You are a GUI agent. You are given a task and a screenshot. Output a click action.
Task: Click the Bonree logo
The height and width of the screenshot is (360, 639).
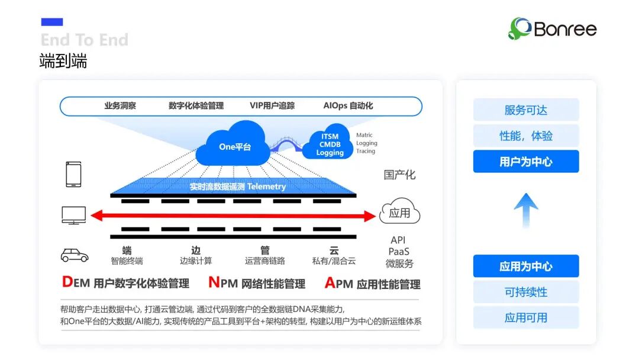point(552,28)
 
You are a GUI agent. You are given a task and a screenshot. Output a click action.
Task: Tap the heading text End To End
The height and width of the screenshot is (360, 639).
point(85,40)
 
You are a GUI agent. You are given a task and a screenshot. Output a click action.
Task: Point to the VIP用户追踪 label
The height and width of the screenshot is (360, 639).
point(272,106)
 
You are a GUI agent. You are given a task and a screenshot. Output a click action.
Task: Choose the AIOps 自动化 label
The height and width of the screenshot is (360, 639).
point(348,106)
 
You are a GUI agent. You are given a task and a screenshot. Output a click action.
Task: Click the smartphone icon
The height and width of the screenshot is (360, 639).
point(74,175)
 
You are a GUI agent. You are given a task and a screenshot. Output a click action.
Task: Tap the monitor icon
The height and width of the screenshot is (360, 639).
point(74,215)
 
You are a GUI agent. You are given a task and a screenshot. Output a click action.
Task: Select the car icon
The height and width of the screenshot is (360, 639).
point(75,255)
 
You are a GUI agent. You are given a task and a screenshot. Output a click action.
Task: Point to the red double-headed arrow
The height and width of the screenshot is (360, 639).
point(234,216)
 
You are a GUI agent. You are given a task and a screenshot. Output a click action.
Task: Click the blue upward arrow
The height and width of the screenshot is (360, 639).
point(526,210)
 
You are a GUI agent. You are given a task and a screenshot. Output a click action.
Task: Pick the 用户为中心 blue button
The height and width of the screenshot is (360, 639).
point(526,162)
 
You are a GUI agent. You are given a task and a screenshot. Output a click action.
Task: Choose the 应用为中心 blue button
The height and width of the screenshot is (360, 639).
point(526,266)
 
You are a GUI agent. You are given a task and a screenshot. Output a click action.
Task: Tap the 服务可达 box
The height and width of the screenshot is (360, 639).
point(526,110)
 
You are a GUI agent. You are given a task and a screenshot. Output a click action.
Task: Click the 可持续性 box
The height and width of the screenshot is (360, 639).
point(526,292)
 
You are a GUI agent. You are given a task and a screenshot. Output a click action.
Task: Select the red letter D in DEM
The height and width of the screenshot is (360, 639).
point(67,282)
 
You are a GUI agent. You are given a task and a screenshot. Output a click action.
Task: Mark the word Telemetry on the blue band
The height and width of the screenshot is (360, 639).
point(266,187)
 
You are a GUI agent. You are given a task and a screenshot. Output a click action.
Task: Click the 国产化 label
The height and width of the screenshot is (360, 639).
point(399,175)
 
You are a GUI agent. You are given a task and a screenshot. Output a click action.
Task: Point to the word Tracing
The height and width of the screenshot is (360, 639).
point(366,151)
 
